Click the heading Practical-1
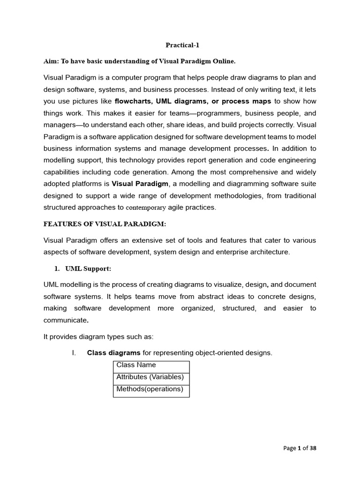179,45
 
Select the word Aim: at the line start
52,61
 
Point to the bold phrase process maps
247,101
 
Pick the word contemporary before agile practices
146,208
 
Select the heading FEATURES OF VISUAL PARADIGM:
105,224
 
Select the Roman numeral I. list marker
74,352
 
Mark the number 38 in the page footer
313,448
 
